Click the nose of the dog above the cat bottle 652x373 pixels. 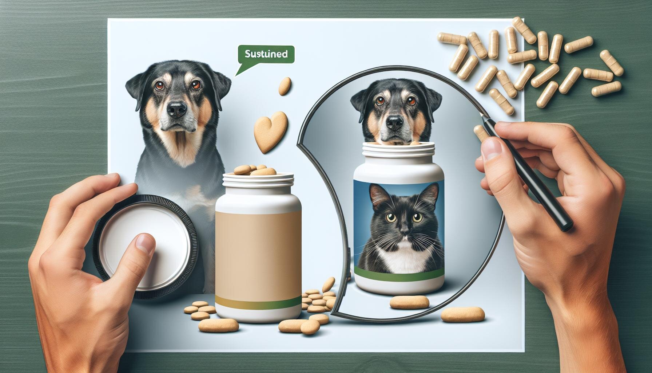(394, 123)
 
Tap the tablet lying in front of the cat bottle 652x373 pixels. (406, 301)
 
